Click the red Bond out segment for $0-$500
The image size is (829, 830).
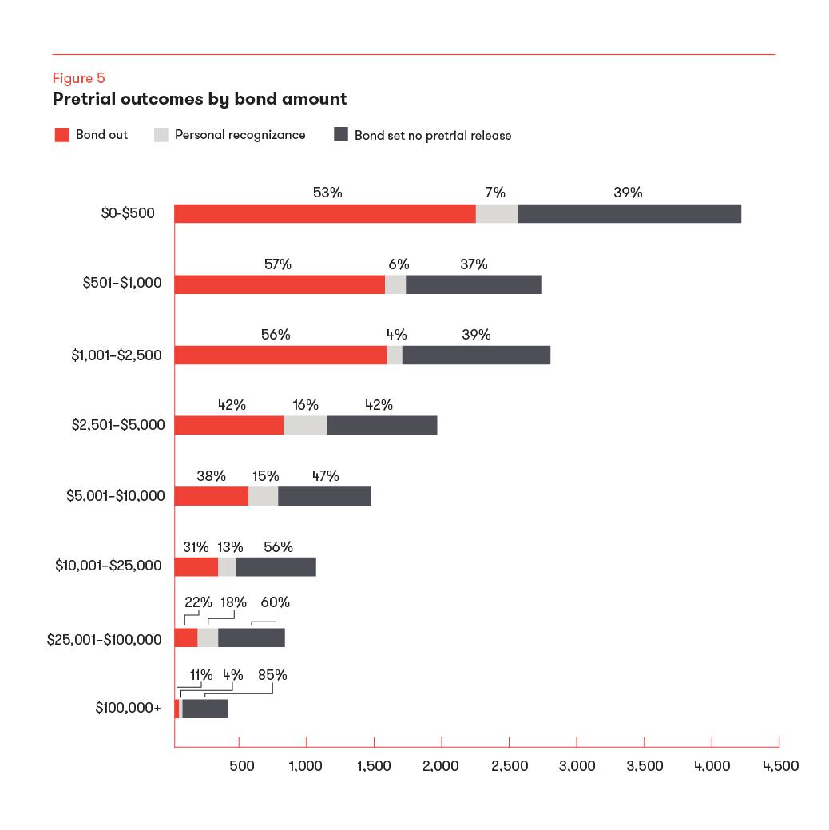[x=325, y=214]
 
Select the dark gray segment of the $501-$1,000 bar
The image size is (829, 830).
[x=474, y=284]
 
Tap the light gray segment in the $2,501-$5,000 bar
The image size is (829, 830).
[x=305, y=426]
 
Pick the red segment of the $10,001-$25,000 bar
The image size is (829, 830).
[x=196, y=566]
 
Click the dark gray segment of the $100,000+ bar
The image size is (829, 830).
[x=205, y=709]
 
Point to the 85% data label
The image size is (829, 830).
[x=272, y=675]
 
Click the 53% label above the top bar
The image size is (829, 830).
[x=327, y=193]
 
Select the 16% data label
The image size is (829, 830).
[x=305, y=405]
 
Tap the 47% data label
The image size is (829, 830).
[x=325, y=476]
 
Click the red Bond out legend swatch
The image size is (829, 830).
[x=61, y=135]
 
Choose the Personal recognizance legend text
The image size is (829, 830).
[x=240, y=135]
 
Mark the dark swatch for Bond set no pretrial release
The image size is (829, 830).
[x=340, y=135]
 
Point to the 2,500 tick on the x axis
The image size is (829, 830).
[x=510, y=766]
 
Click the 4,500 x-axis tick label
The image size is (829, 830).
[x=780, y=766]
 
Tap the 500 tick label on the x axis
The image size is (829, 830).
[x=242, y=766]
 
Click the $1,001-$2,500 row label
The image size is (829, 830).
[x=116, y=355]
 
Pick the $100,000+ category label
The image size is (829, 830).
[x=128, y=709]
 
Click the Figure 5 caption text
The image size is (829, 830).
[x=78, y=78]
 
